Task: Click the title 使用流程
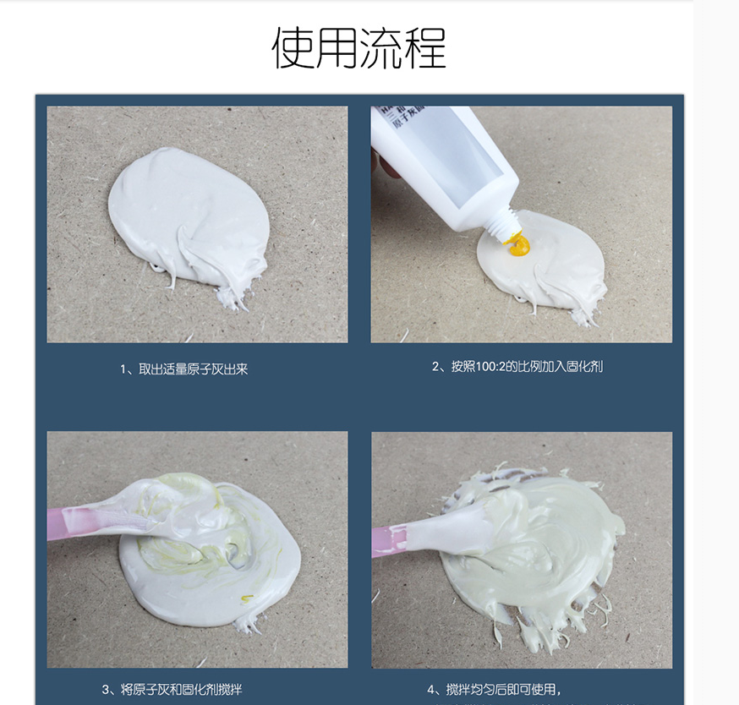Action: [x=359, y=47]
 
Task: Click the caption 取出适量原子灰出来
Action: [x=183, y=369]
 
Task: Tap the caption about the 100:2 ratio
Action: [x=517, y=367]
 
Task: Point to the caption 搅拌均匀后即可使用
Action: [x=494, y=690]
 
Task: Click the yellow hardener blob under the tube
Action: [x=517, y=247]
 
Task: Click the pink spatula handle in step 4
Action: [x=389, y=536]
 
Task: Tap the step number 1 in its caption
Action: [x=123, y=369]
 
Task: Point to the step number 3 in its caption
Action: [x=106, y=690]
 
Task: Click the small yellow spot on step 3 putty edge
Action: [x=247, y=598]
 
